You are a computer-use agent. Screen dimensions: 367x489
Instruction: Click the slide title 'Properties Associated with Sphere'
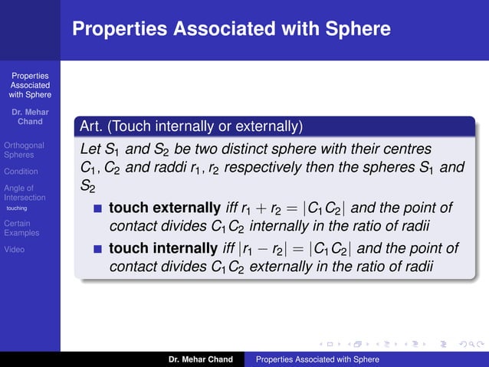tap(231, 29)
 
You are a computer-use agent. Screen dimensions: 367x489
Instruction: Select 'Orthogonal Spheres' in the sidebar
tap(24, 149)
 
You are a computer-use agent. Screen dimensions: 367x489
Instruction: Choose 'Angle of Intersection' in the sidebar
tap(25, 192)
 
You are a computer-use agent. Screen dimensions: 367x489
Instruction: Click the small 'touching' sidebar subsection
tap(17, 208)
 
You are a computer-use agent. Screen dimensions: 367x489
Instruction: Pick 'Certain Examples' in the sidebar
tap(21, 228)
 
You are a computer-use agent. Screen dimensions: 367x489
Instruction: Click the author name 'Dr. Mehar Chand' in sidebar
tap(30, 116)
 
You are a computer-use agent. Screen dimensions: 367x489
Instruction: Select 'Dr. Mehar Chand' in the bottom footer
tap(200, 359)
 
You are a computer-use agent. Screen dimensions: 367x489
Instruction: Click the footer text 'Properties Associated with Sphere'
tap(317, 359)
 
